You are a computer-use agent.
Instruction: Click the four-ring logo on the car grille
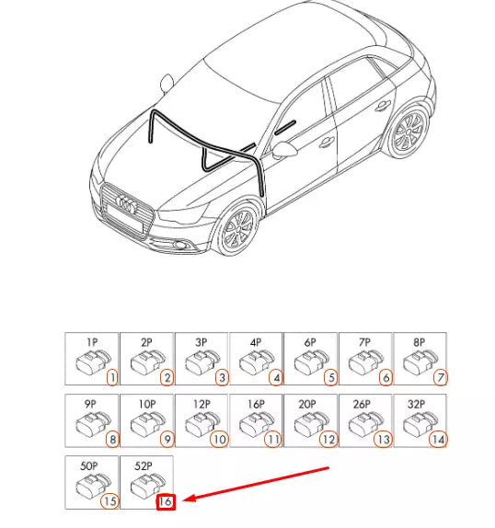tap(126, 204)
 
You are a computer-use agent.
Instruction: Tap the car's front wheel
tap(238, 228)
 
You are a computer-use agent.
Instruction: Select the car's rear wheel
tap(409, 132)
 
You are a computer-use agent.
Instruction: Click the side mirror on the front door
tap(284, 150)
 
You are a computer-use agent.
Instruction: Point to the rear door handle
tap(383, 106)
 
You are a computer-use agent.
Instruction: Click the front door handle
tap(327, 143)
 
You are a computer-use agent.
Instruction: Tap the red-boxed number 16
tap(166, 501)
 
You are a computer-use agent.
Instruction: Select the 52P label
tap(144, 466)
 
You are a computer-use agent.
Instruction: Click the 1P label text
tap(92, 342)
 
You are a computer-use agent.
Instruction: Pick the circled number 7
tap(441, 378)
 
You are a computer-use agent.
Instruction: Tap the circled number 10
tap(219, 440)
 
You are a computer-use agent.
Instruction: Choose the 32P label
tap(417, 404)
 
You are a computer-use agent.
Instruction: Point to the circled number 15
tap(109, 501)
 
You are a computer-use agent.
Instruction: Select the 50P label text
tap(89, 466)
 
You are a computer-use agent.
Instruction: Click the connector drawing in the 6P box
tap(311, 362)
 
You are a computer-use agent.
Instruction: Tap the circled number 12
tap(328, 440)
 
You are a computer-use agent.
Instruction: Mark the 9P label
tap(90, 404)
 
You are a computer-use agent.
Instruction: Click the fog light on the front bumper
tap(180, 245)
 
